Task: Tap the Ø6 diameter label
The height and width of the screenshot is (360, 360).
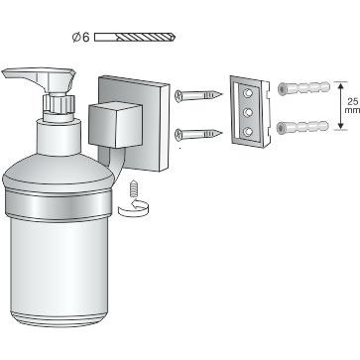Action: point(81,38)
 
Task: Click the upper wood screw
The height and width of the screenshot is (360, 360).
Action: point(197,95)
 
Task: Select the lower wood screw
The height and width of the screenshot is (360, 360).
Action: point(197,133)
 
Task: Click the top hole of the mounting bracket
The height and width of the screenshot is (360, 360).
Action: point(246,93)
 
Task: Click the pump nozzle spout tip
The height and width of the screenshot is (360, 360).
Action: point(9,74)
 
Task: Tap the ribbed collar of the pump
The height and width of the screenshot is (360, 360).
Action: point(59,102)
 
